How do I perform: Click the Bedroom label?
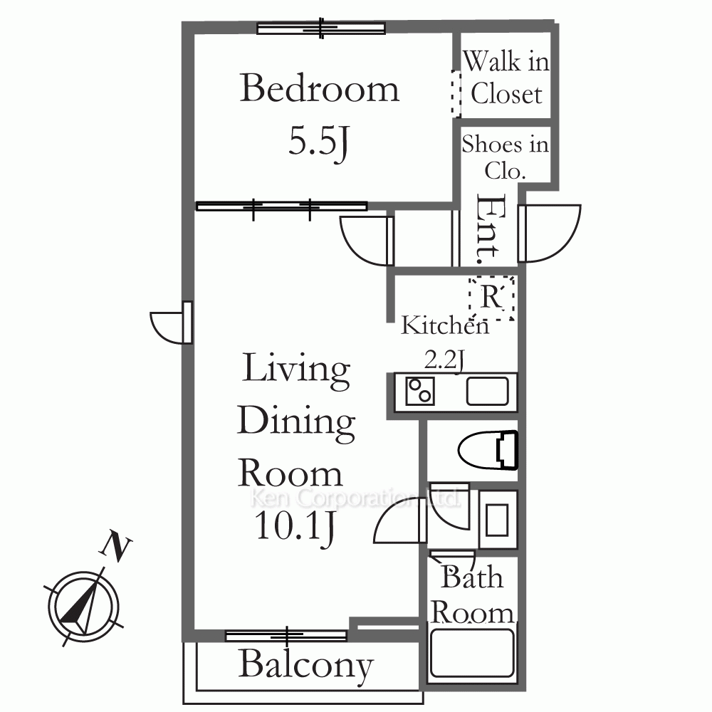coord(319,88)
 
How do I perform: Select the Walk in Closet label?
coord(506,77)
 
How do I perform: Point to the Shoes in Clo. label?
coord(505,157)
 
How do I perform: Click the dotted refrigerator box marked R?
coord(492,298)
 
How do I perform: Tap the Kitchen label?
coord(445,325)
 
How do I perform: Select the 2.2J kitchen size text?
coord(444,361)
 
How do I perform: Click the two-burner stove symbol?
coord(419,391)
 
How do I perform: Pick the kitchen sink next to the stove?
coord(487,391)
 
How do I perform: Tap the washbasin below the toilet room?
coord(498,520)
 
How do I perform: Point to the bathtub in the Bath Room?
coord(472,653)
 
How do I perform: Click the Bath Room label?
coord(472,595)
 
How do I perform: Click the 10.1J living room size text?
coord(295,527)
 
